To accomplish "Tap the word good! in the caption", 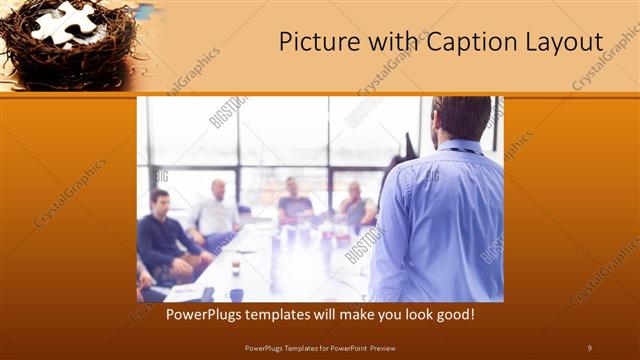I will pyautogui.click(x=453, y=314).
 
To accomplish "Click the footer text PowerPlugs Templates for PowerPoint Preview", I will pyautogui.click(x=320, y=347).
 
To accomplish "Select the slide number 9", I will pyautogui.click(x=589, y=347).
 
